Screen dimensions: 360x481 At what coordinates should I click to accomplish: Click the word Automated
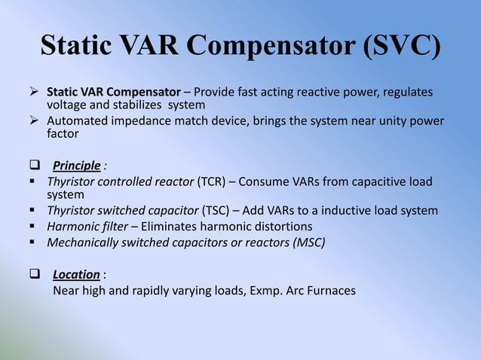tap(78, 121)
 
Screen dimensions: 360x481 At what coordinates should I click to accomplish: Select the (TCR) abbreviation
tap(213, 182)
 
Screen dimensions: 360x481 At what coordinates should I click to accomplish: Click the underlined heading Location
tap(76, 275)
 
